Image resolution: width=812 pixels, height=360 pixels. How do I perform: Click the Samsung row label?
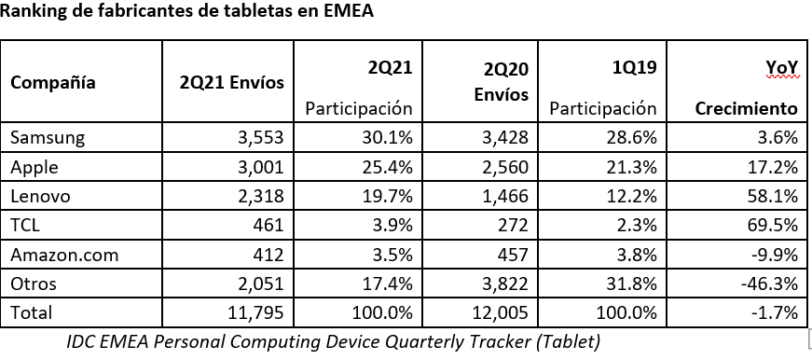[48, 138]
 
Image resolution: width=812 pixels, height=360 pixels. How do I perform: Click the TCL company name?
[25, 225]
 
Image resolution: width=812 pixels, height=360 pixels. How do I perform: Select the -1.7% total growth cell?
[774, 312]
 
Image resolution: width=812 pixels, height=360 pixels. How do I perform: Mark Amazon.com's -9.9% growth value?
[775, 254]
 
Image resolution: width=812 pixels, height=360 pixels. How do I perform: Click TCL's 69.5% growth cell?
[775, 225]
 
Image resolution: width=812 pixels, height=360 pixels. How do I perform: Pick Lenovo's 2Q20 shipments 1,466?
[506, 196]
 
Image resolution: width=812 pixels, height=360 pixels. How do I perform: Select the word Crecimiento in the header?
[746, 108]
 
